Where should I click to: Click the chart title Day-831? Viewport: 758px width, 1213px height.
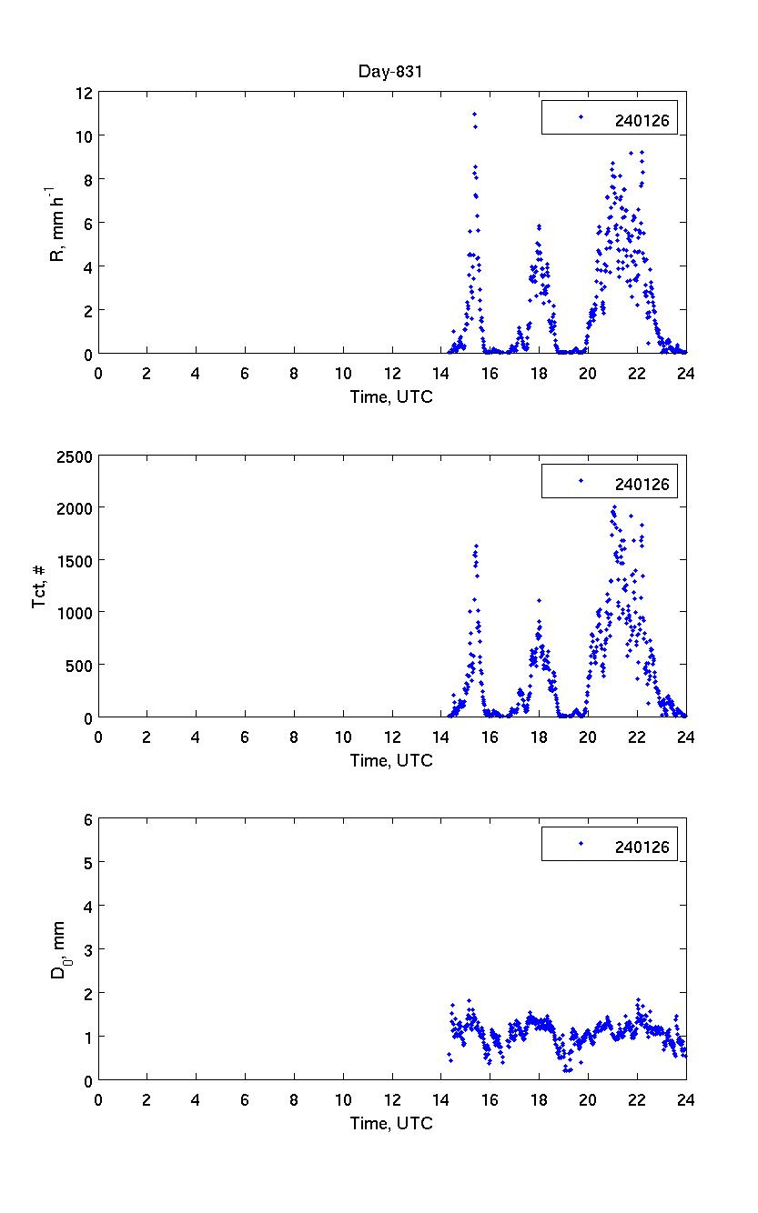(392, 73)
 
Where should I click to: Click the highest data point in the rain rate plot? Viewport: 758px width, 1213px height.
(474, 114)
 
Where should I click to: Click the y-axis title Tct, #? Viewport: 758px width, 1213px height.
(40, 587)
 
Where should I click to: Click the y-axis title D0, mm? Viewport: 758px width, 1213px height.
(58, 950)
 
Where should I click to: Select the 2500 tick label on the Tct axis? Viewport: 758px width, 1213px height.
(75, 456)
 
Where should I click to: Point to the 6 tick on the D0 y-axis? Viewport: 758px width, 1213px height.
(88, 819)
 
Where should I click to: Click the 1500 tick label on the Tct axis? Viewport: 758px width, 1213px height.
(75, 561)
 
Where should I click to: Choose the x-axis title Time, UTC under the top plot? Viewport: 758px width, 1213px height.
(392, 397)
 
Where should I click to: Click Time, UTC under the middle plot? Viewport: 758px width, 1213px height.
(392, 761)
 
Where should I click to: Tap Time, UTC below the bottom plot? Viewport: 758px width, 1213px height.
(392, 1124)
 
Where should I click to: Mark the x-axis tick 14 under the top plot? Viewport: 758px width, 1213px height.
(441, 373)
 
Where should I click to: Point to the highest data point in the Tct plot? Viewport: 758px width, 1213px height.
(614, 507)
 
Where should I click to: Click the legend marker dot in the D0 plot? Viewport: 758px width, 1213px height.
(581, 844)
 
